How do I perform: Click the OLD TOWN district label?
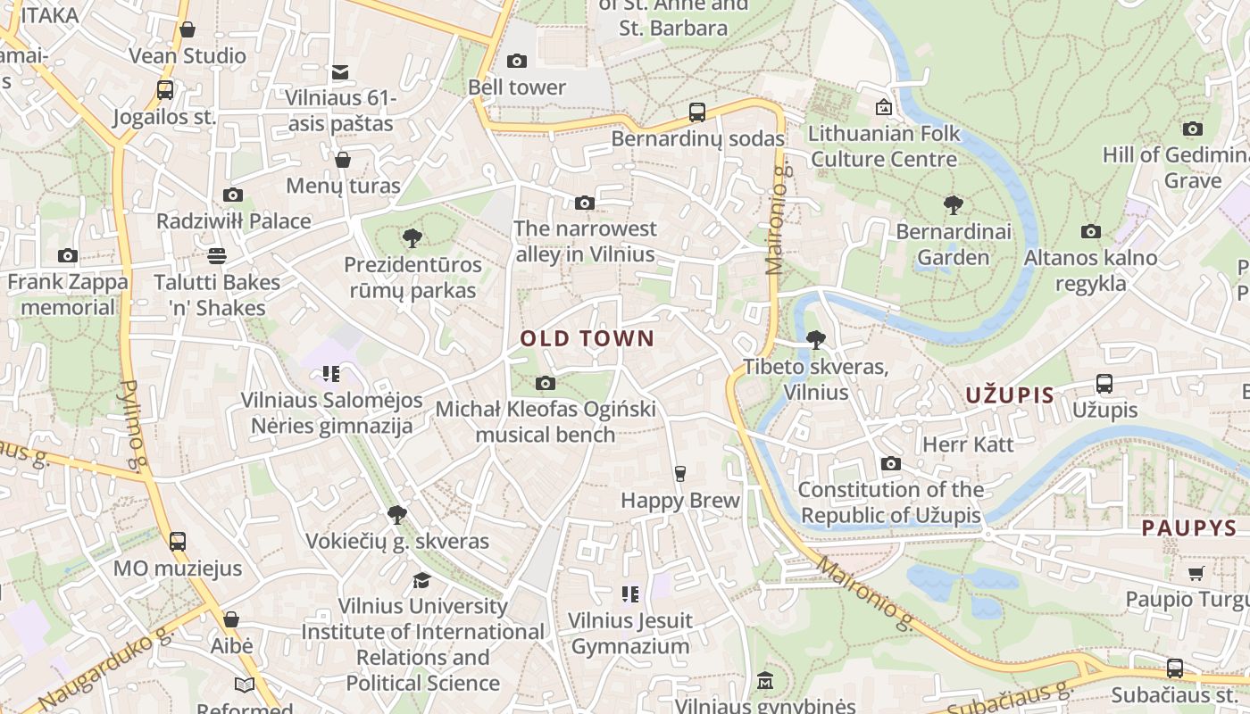click(x=587, y=339)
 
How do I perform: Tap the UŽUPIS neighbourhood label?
click(x=1010, y=395)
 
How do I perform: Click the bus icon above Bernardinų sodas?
click(x=697, y=112)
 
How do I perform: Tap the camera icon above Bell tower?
click(x=516, y=61)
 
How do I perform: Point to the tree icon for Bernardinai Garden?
click(x=954, y=205)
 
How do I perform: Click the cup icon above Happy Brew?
click(x=680, y=473)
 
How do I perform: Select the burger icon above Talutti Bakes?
click(x=216, y=256)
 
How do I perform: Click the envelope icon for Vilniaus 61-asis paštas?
click(x=340, y=72)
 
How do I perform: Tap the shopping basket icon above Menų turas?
click(x=343, y=160)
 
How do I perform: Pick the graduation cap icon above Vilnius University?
click(x=421, y=581)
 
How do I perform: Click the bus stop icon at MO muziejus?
click(x=178, y=541)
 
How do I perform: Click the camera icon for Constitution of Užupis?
click(x=890, y=463)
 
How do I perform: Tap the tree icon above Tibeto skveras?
click(x=815, y=340)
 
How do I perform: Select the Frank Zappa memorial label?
click(x=68, y=295)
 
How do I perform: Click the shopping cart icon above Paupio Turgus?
click(x=1196, y=573)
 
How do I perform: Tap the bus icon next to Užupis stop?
click(x=1104, y=384)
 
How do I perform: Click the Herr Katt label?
click(x=968, y=444)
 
